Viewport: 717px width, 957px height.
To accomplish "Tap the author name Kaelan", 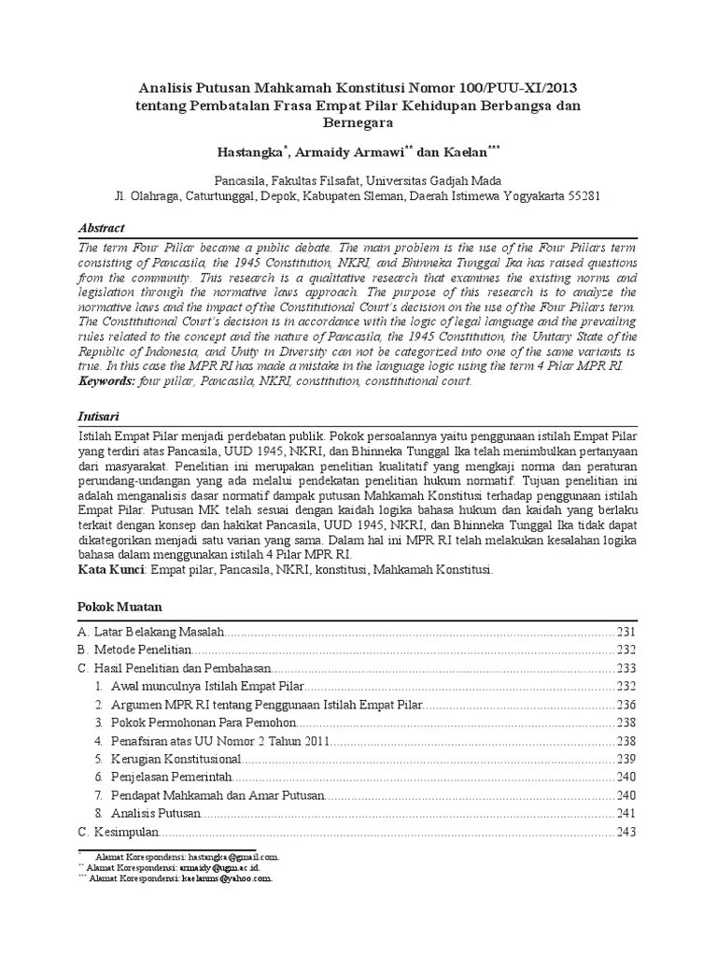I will (x=453, y=149).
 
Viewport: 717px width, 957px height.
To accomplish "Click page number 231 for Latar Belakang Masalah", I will (x=625, y=633).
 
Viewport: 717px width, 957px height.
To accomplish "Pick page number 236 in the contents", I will (x=625, y=704).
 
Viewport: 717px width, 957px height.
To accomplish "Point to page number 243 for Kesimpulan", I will (x=625, y=832).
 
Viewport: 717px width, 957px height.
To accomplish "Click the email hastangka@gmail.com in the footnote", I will (x=232, y=856).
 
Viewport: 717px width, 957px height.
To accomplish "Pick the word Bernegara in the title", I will (x=358, y=122).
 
